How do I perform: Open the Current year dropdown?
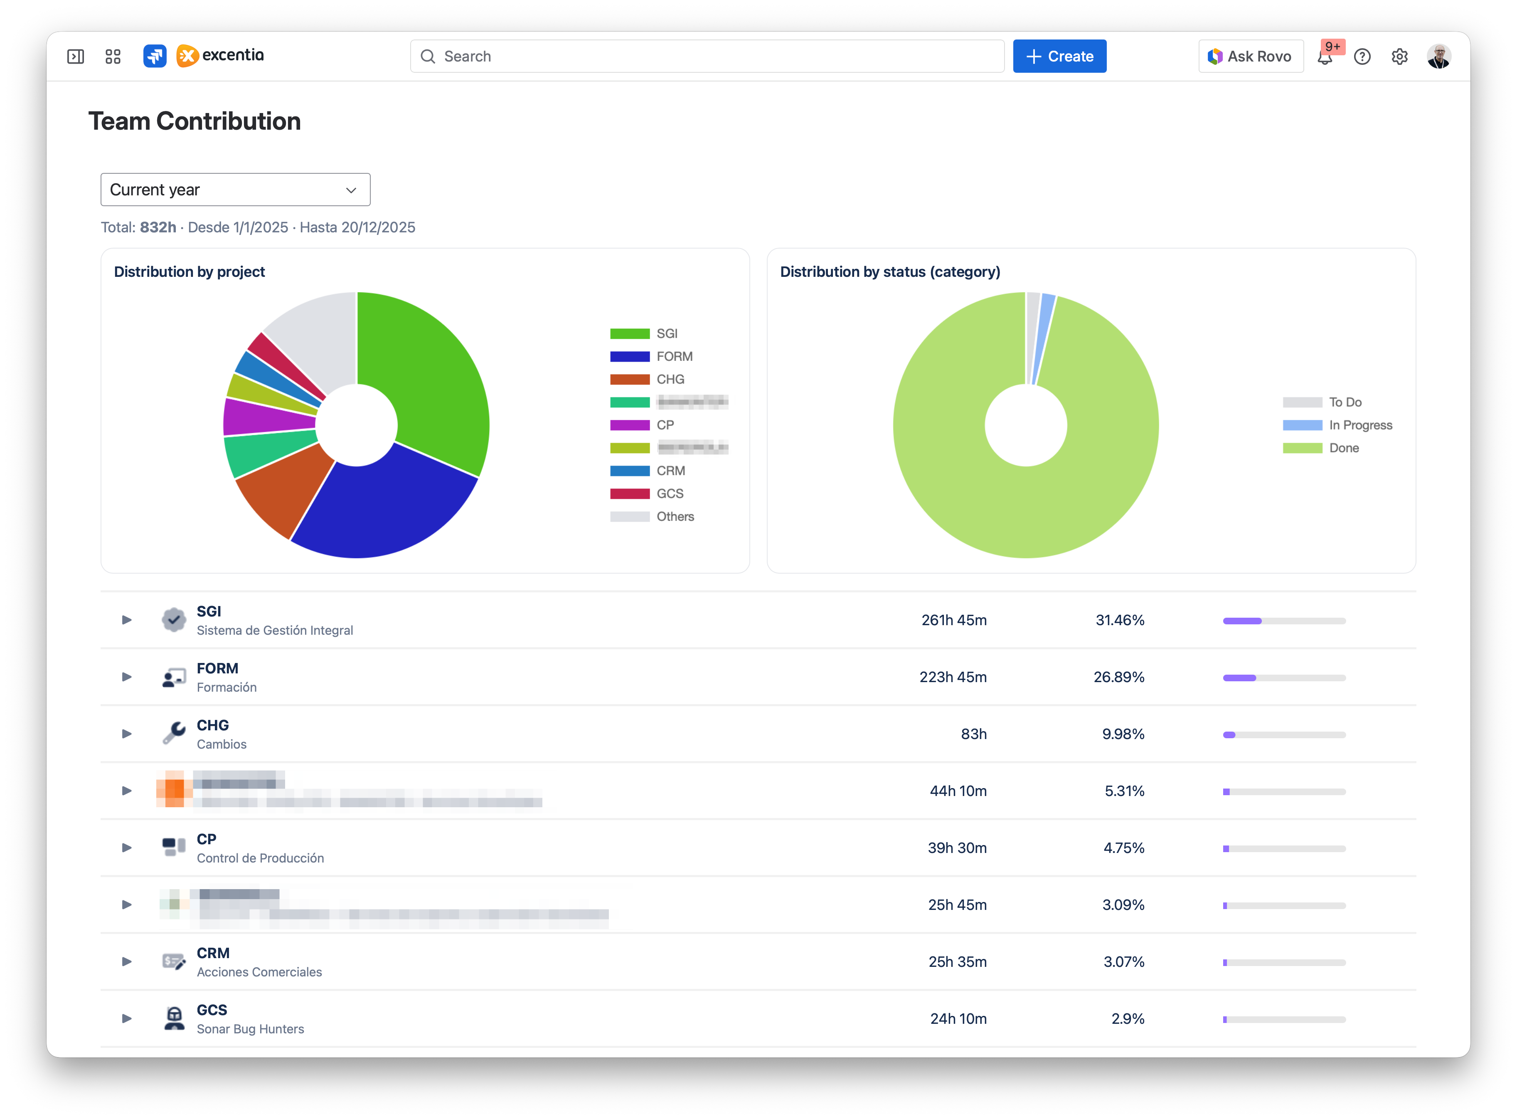(235, 190)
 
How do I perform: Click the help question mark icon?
(1362, 56)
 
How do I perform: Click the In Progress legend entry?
(1360, 425)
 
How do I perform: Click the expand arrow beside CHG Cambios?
(127, 734)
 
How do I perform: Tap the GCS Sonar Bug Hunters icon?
(174, 1018)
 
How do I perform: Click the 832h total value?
(158, 228)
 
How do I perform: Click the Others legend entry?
(675, 516)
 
